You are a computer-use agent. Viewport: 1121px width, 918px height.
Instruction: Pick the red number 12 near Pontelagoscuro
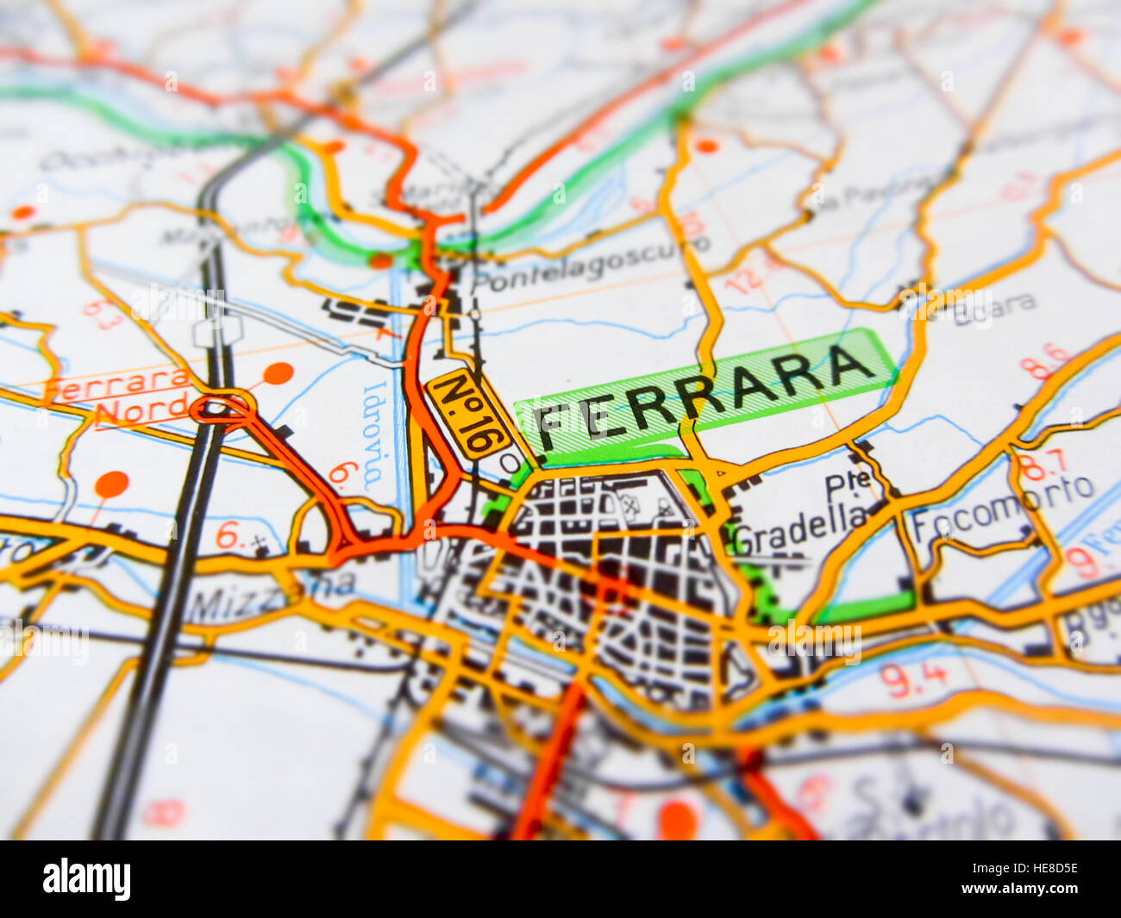coord(743,278)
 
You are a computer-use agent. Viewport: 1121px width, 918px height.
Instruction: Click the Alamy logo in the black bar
coord(86,879)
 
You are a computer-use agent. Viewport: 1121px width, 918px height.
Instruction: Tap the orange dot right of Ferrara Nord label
coord(278,373)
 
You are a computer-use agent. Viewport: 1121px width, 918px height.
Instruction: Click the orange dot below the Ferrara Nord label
coord(111,484)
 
